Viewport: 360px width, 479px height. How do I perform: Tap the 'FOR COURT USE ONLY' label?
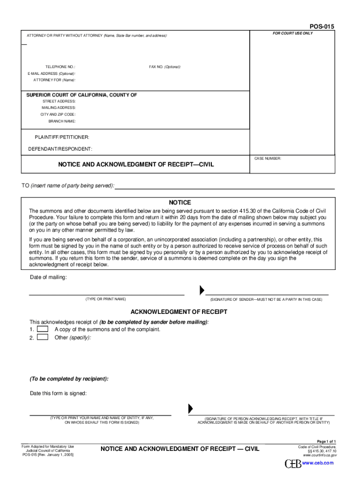click(x=293, y=34)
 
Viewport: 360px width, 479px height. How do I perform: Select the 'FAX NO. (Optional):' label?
click(x=165, y=67)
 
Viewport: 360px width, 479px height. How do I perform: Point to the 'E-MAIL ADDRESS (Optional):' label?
click(x=51, y=73)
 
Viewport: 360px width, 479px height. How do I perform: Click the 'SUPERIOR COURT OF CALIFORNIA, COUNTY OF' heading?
click(x=81, y=95)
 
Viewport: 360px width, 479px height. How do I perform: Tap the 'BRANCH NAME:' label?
click(x=62, y=121)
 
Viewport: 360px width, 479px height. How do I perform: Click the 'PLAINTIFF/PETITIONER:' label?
click(x=62, y=137)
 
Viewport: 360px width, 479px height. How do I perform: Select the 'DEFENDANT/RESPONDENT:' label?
click(x=60, y=149)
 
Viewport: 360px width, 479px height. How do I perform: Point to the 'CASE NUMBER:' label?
click(x=267, y=159)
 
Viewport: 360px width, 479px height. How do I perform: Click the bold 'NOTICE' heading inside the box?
click(x=180, y=203)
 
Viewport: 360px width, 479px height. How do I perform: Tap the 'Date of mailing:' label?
click(x=49, y=277)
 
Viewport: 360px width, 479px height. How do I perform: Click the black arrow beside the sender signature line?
click(x=202, y=290)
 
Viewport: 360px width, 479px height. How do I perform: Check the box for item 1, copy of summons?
click(x=43, y=329)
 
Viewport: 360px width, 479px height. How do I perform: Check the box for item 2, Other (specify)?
click(x=43, y=337)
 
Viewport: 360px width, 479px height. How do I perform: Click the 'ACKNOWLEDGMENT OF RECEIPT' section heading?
click(x=179, y=312)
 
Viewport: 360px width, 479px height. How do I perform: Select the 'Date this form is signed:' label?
click(x=58, y=393)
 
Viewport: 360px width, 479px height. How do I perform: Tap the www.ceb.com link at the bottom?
click(x=318, y=463)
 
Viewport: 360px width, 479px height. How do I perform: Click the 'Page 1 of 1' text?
click(x=326, y=442)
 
